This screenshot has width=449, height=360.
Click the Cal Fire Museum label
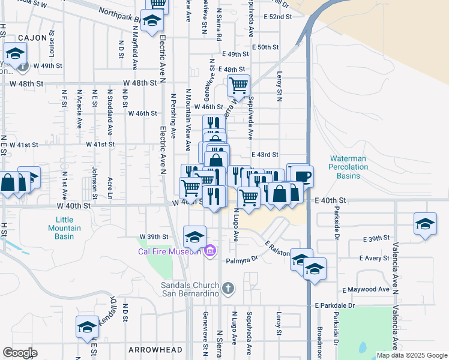[x=169, y=251]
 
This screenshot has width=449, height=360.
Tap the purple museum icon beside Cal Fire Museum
[x=209, y=250]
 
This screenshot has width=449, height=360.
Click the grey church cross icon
[x=227, y=289]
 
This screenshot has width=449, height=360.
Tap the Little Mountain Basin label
[x=65, y=227]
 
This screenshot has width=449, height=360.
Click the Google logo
[x=20, y=353]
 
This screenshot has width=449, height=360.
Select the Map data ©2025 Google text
[x=412, y=355]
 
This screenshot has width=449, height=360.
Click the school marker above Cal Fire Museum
[x=194, y=236]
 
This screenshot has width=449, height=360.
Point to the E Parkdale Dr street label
[x=335, y=305]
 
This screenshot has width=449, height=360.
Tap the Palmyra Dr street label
[x=241, y=260]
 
